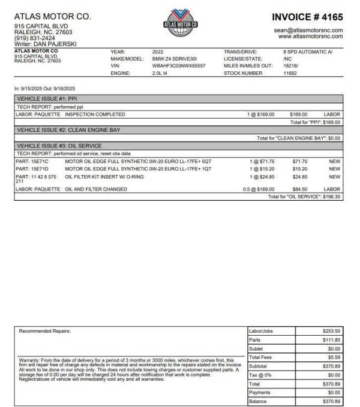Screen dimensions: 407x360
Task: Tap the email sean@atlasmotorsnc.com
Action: point(308,30)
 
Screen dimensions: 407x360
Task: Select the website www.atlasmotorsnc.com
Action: point(311,37)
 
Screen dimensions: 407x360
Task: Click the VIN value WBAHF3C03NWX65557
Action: point(178,65)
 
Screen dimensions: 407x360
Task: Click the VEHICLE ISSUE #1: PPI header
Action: point(47,98)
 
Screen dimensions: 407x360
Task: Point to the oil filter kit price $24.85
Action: point(299,177)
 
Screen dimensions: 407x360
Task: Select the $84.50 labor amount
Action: point(299,189)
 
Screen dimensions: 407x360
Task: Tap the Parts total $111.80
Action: point(332,340)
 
